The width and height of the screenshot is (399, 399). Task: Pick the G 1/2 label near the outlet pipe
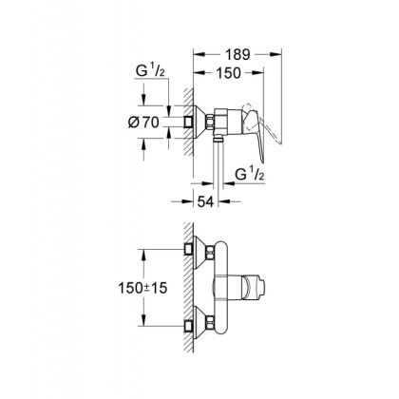tap(250, 174)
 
